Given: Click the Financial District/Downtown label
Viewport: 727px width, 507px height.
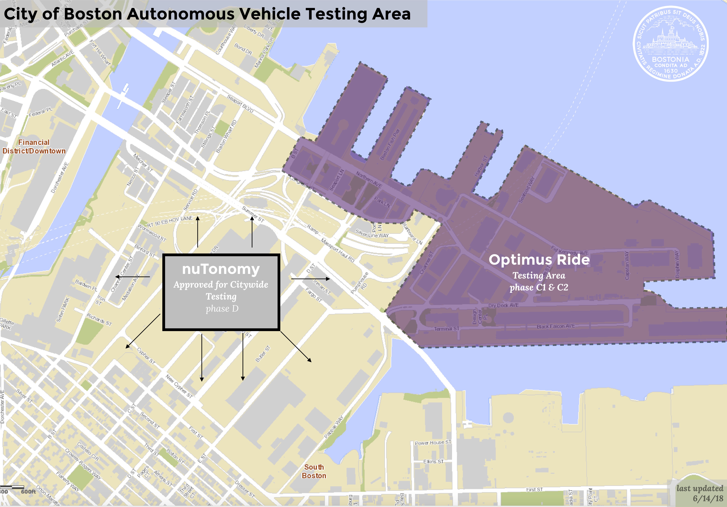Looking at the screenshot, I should point(34,147).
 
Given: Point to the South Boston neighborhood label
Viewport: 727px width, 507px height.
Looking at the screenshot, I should point(314,471).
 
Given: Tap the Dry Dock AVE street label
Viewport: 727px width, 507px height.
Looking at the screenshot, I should point(504,305).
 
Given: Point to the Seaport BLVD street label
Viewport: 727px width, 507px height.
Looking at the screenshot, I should point(240,103).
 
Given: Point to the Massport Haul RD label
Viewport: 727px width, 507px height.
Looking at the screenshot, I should point(338,250).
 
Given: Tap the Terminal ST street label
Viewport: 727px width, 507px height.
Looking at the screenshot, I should point(446,329).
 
